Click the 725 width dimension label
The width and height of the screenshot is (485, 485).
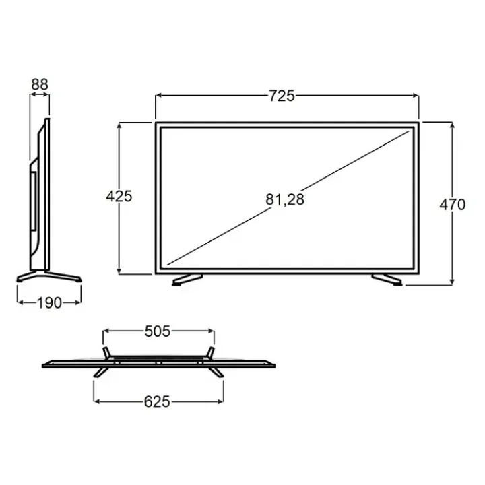click(x=282, y=96)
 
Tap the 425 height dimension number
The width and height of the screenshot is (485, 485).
click(x=119, y=196)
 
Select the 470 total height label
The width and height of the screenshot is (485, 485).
click(x=452, y=205)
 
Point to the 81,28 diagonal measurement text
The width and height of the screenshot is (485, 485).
click(x=285, y=199)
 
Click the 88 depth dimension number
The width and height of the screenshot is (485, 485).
click(x=40, y=84)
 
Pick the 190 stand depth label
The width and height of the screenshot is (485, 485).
click(x=49, y=303)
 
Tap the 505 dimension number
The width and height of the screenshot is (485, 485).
click(x=158, y=331)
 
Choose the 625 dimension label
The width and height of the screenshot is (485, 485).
click(x=157, y=401)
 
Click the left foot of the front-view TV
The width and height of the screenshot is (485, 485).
click(x=187, y=280)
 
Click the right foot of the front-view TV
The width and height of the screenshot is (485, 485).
click(x=387, y=280)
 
